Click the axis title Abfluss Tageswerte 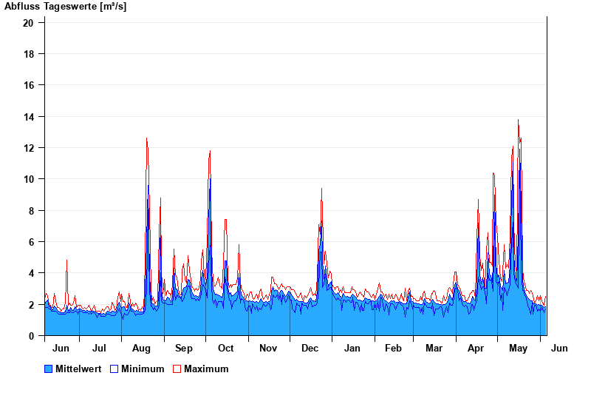66,7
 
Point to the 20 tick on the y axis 29,23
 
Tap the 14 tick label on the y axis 29,117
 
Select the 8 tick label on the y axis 31,211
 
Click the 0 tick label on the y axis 31,336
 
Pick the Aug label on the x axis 141,349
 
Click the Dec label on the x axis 310,349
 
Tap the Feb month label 393,349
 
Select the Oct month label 225,349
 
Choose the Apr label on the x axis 476,349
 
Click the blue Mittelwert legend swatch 49,369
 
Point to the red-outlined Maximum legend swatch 177,369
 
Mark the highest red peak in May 518,120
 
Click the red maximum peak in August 146,138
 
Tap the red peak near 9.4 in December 321,189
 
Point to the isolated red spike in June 66,260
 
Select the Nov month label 268,349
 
